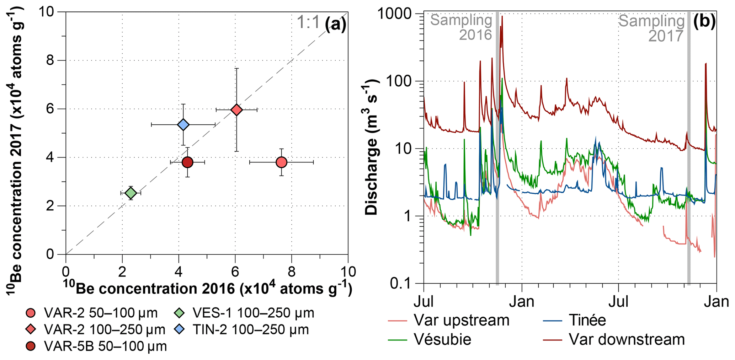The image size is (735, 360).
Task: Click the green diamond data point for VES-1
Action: pos(131,193)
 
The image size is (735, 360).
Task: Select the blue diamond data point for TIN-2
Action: pos(183,125)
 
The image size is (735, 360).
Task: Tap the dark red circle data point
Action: pos(187,162)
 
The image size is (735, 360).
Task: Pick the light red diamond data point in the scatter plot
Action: pos(236,110)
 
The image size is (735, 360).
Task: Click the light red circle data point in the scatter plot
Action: pos(281,162)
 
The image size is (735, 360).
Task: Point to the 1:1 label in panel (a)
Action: pos(308,23)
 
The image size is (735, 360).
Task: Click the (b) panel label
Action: pos(704,21)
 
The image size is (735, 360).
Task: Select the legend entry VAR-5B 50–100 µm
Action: pos(96,346)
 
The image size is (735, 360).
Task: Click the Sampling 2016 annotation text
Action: pos(462,28)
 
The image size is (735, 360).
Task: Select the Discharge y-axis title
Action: pos(372,147)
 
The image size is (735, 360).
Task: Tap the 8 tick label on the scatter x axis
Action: pos(292,272)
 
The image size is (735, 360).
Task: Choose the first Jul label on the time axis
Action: pos(424,301)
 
